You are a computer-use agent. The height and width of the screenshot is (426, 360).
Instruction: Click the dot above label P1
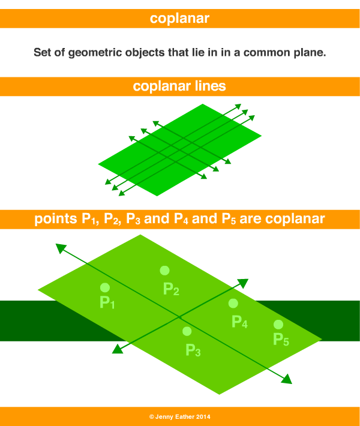click(104, 287)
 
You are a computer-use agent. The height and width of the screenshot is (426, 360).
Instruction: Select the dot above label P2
click(164, 271)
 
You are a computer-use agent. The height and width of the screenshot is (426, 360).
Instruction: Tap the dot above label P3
click(187, 331)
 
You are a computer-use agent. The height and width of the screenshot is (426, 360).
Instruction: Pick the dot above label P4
click(233, 304)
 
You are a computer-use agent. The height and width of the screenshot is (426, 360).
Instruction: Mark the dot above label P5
click(278, 324)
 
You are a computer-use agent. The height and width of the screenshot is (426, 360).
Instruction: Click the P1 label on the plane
click(107, 302)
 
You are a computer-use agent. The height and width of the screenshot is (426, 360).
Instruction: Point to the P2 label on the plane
click(171, 289)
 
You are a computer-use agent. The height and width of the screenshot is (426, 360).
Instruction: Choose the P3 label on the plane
click(193, 350)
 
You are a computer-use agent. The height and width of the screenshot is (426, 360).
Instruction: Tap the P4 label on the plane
click(239, 322)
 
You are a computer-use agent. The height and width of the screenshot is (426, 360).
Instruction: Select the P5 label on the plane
click(281, 340)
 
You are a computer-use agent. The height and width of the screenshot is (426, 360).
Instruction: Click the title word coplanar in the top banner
click(180, 19)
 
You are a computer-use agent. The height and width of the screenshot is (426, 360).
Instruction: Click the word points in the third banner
click(56, 218)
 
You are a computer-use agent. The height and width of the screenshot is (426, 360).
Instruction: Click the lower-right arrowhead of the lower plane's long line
click(287, 379)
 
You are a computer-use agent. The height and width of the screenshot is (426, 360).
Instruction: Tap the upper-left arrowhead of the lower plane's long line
click(61, 247)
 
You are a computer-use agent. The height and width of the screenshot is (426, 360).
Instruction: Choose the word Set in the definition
click(42, 52)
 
